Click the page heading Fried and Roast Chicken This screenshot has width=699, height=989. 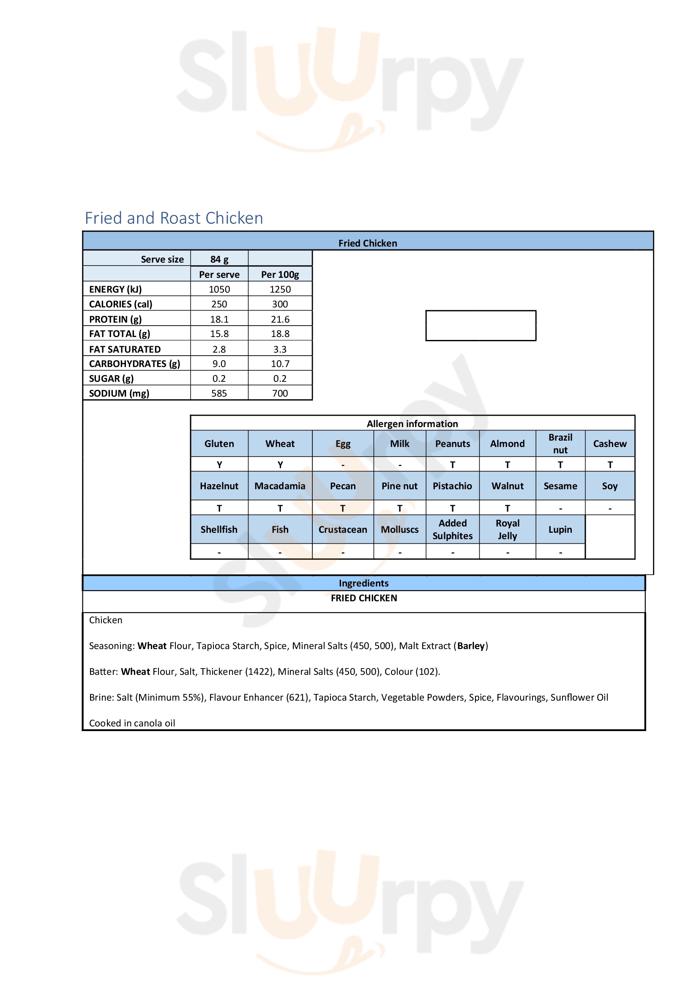[173, 218]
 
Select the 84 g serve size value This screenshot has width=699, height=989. [219, 259]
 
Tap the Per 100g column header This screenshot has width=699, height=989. [280, 274]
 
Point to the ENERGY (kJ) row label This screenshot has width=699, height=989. [115, 289]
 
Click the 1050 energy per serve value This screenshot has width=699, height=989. [219, 289]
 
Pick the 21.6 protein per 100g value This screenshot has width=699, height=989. [280, 319]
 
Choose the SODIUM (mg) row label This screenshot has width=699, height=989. [119, 393]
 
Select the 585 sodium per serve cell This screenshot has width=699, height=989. [219, 393]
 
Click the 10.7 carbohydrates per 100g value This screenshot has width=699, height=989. [280, 364]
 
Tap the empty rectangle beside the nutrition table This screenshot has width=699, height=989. [481, 326]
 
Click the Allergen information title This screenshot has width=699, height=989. [412, 423]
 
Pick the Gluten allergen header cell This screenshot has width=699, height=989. [219, 444]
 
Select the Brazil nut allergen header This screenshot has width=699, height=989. [560, 444]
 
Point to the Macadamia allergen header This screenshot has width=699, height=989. [280, 486]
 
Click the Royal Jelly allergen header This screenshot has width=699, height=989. [508, 529]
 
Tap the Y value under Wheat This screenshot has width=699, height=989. [280, 465]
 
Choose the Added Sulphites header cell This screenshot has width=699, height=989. [452, 529]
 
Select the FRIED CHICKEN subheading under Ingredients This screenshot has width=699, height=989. [364, 598]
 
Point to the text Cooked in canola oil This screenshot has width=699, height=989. [132, 723]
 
